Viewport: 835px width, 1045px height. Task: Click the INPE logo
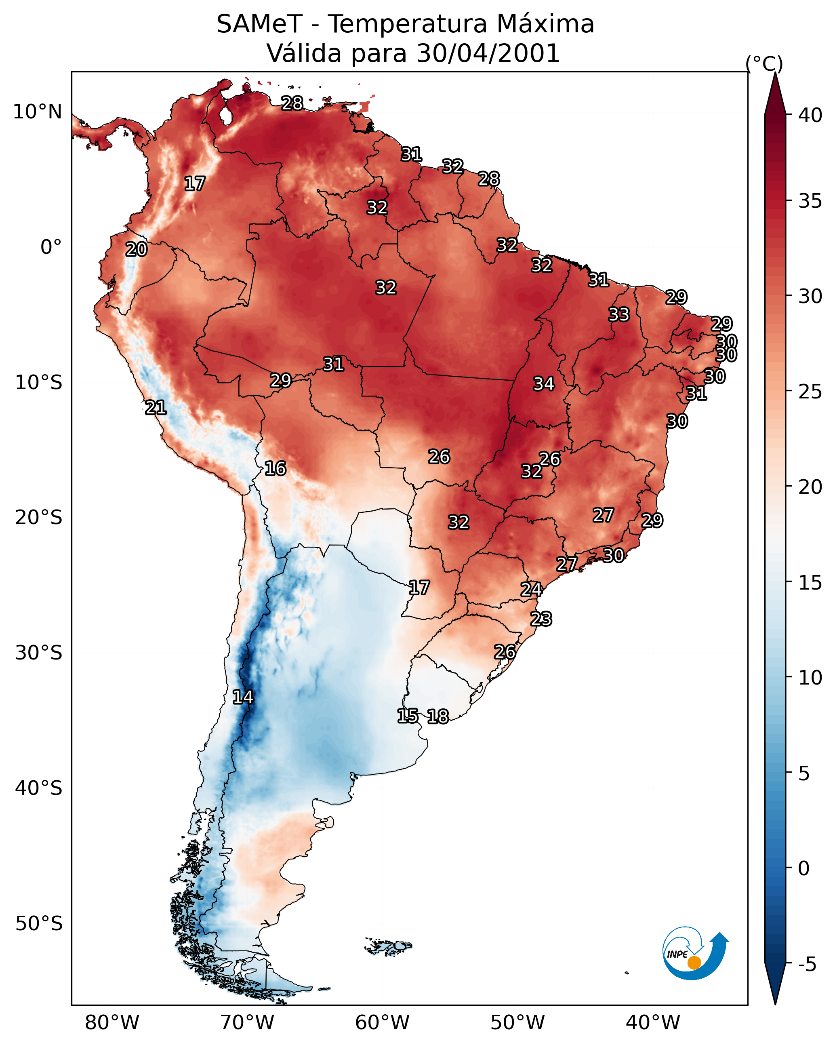click(694, 954)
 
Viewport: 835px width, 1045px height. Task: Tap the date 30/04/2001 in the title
click(488, 53)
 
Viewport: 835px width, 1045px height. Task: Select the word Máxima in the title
click(545, 24)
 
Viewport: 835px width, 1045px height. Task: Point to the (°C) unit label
click(764, 63)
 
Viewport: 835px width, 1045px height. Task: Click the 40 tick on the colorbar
click(810, 115)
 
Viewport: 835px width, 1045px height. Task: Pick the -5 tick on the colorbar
click(807, 965)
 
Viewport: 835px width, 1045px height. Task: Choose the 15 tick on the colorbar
click(810, 583)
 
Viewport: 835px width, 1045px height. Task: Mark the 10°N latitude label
click(37, 112)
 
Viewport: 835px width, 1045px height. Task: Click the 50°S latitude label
click(39, 924)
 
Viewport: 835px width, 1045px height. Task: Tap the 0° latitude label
click(51, 247)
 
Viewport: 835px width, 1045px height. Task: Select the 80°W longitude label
click(112, 1023)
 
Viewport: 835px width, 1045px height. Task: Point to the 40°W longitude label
click(653, 1023)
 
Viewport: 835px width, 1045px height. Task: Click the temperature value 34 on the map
click(544, 384)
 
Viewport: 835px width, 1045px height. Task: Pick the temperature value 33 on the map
click(619, 314)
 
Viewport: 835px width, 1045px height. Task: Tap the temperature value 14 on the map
click(243, 697)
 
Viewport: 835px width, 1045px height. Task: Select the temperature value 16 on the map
click(275, 469)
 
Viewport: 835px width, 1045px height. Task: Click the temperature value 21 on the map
click(156, 408)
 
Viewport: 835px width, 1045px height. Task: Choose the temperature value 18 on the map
click(437, 716)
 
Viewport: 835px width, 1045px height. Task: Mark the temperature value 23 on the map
click(541, 619)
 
